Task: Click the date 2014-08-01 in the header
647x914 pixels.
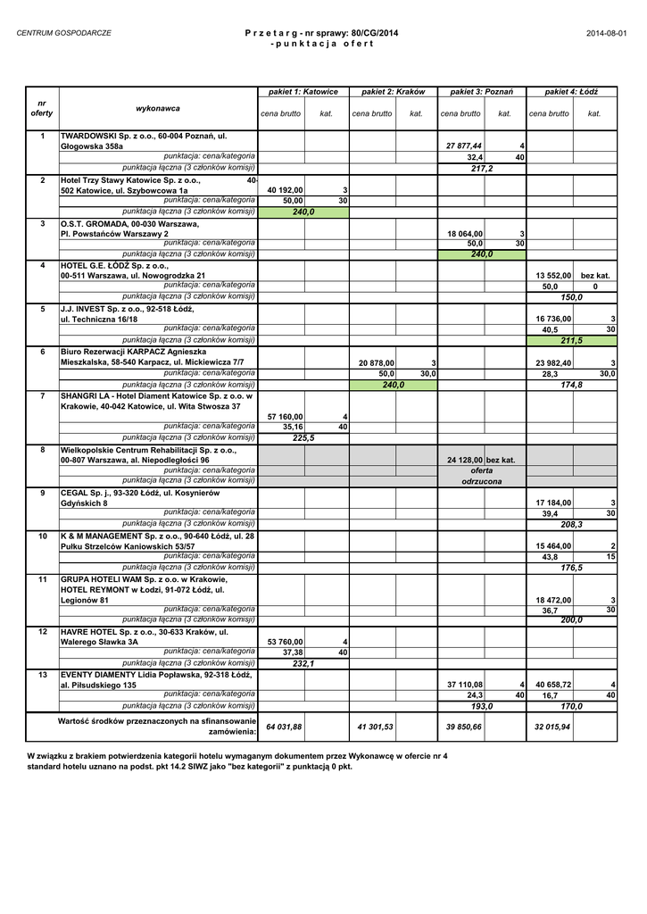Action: [607, 33]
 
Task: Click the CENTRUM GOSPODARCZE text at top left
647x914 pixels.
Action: [59, 33]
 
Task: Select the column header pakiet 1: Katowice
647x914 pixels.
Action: [303, 92]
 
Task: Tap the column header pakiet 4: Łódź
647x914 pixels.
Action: [571, 92]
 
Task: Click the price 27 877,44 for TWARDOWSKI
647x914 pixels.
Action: [464, 146]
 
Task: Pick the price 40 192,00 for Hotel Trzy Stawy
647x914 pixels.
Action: [286, 190]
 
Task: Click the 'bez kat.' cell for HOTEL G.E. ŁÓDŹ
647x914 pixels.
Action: [595, 277]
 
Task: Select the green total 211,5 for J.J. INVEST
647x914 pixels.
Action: [571, 341]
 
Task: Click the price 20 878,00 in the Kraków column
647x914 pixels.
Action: [377, 363]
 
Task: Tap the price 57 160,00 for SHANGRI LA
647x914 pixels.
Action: [286, 417]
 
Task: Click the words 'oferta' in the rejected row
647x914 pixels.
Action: [482, 470]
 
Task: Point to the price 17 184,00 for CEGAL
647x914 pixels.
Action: [553, 503]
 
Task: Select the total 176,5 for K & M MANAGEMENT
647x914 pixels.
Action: [571, 567]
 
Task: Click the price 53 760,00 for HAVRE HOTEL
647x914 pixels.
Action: [286, 642]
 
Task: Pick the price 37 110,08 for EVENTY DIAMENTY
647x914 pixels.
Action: [464, 685]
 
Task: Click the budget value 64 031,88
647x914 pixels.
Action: [285, 727]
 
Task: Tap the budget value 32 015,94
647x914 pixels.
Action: [552, 727]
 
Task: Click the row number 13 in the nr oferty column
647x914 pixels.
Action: [42, 675]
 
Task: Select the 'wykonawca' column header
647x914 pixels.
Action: [158, 109]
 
